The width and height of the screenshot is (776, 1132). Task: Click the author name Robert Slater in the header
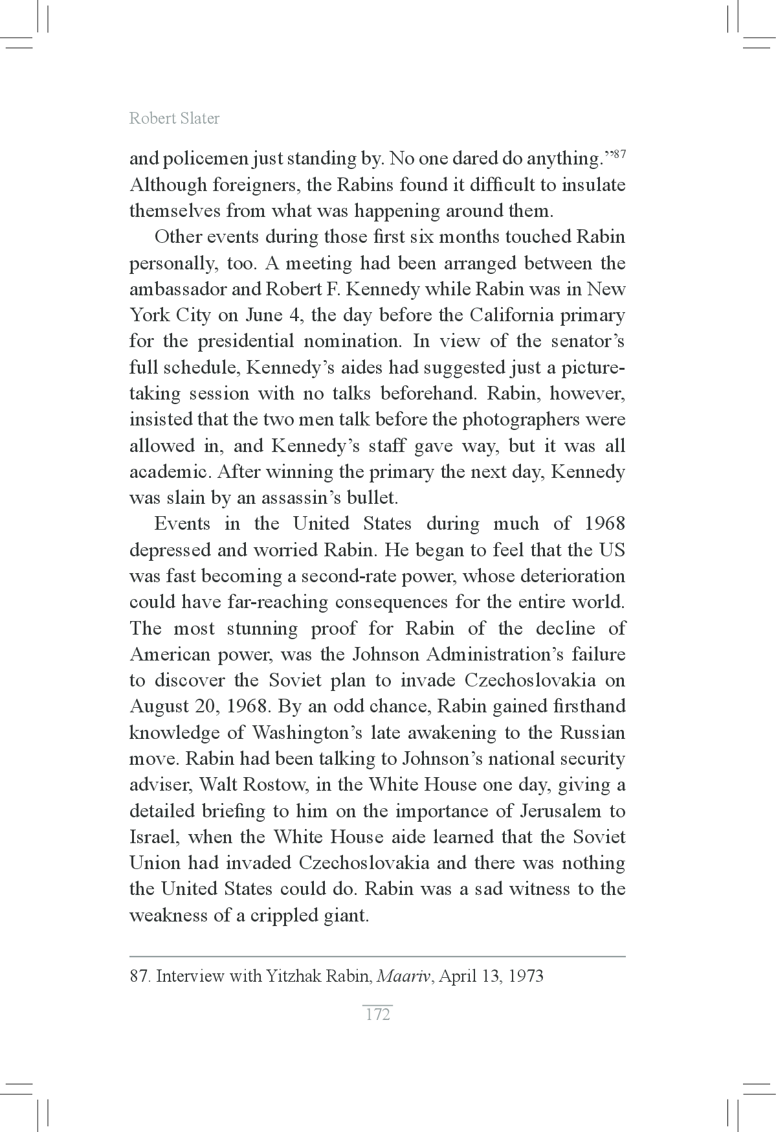(174, 119)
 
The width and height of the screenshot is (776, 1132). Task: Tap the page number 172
(378, 1014)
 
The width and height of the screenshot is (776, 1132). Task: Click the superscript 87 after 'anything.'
(619, 154)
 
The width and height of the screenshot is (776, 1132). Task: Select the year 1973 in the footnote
(526, 976)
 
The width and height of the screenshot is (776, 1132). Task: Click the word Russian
(592, 733)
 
